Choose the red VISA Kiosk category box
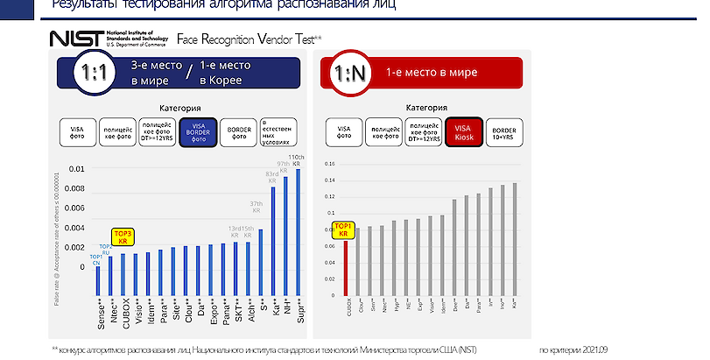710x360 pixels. click(x=462, y=132)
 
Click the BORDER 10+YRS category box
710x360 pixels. click(x=503, y=132)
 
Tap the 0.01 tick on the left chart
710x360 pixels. click(x=78, y=169)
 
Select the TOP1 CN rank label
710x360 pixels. click(x=95, y=260)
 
